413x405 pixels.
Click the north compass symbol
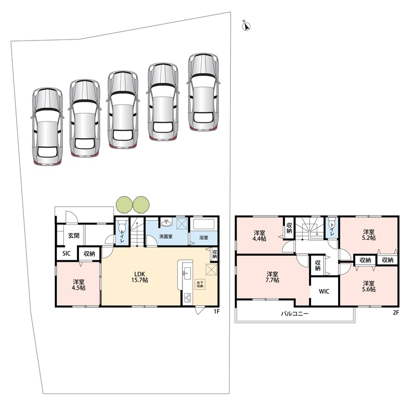[246, 26]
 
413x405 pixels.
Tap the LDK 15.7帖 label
[139, 276]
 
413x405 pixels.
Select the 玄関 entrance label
[74, 235]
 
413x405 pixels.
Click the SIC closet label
[66, 254]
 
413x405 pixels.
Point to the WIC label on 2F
[324, 292]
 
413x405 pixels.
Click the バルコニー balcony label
[295, 314]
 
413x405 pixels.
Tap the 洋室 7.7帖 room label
[272, 277]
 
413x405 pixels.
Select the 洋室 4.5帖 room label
[79, 285]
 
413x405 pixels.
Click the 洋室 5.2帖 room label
[369, 235]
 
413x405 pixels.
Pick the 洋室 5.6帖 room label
[369, 287]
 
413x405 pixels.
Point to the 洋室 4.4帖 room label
[259, 236]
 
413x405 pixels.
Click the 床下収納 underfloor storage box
[200, 285]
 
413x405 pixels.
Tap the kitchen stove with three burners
[188, 298]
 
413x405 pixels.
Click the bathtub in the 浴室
[204, 224]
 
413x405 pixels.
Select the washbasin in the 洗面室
[166, 223]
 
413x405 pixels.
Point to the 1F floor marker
[216, 311]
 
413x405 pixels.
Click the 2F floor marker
[396, 313]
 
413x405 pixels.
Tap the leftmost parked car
[48, 127]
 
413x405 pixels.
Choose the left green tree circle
[124, 204]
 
